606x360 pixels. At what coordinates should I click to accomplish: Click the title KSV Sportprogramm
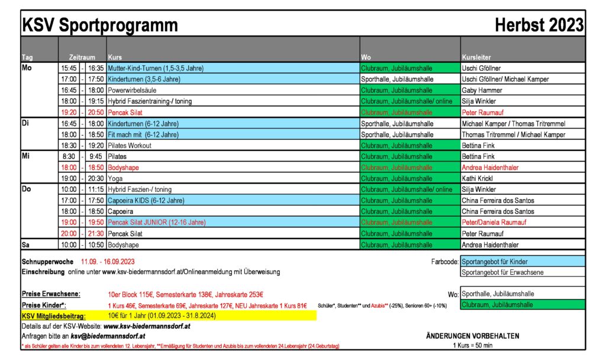pyautogui.click(x=99, y=25)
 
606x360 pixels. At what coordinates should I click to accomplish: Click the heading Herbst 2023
pyautogui.click(x=539, y=25)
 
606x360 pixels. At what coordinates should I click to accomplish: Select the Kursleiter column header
pyautogui.click(x=476, y=57)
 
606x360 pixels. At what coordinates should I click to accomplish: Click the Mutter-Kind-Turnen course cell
pyautogui.click(x=156, y=68)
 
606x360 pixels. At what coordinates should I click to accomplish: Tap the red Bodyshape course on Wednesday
pyautogui.click(x=123, y=168)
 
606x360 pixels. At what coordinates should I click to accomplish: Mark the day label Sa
pyautogui.click(x=25, y=245)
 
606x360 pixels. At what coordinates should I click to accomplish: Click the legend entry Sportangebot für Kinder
pyautogui.click(x=495, y=261)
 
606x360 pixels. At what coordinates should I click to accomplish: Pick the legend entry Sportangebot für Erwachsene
pyautogui.click(x=502, y=272)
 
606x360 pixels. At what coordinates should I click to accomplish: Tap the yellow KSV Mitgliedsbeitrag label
pyautogui.click(x=54, y=316)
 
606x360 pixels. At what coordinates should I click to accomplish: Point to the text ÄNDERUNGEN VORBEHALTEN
pyautogui.click(x=472, y=336)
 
